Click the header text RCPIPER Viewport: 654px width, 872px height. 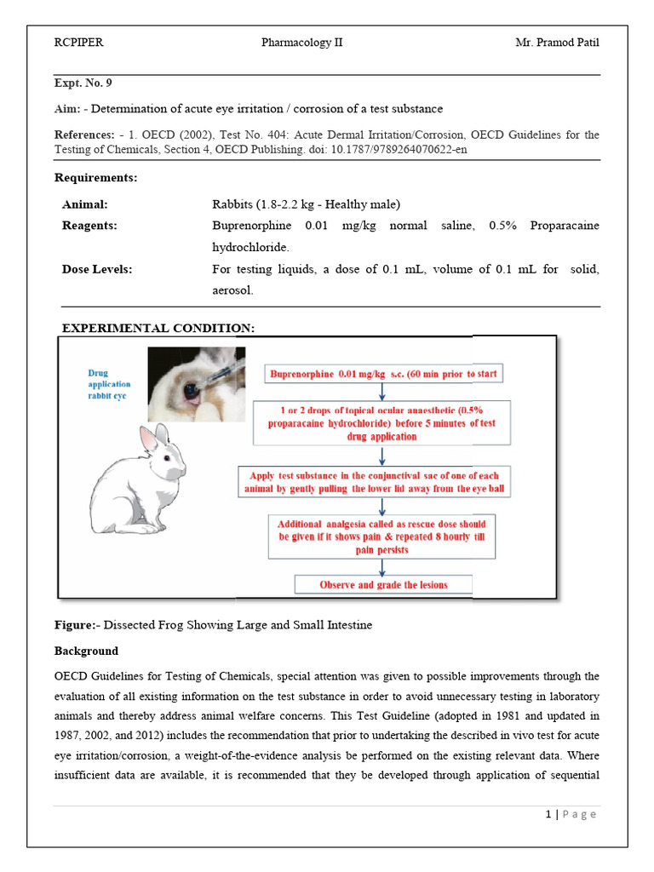[x=78, y=43]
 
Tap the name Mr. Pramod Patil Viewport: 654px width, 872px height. [x=557, y=43]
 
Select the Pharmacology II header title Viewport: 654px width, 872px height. [x=302, y=43]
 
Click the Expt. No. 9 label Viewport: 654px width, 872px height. [x=83, y=83]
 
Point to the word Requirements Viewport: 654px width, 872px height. [x=95, y=178]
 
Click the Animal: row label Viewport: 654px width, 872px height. [x=84, y=204]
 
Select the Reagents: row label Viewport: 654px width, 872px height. [x=89, y=226]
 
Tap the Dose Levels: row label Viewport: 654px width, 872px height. [x=96, y=269]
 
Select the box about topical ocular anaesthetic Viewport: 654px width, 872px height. [x=381, y=423]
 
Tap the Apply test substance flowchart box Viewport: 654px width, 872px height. [x=380, y=482]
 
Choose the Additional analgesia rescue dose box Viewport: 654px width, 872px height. [x=381, y=536]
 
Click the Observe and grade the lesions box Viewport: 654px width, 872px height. [x=382, y=585]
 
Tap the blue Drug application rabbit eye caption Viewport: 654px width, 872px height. [x=106, y=384]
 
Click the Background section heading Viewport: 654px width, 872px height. [x=86, y=651]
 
